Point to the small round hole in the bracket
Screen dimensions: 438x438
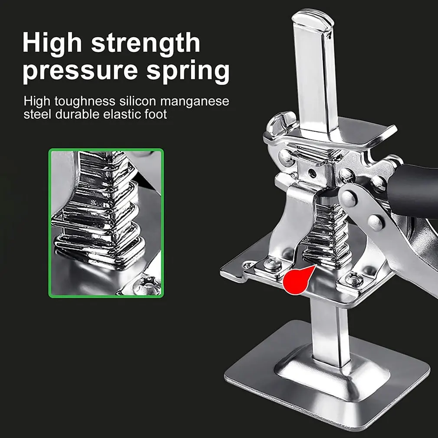(x=312, y=173)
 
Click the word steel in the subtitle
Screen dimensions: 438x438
(x=37, y=115)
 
